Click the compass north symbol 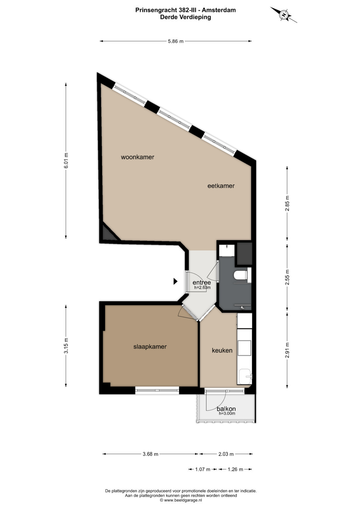(284, 15)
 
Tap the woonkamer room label (137, 157)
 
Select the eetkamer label (221, 186)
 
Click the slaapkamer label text (150, 347)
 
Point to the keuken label (222, 350)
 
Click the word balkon (226, 409)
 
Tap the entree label (202, 282)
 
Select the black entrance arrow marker (175, 281)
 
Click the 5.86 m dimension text (175, 41)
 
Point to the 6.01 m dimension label (66, 160)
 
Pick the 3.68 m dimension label (150, 454)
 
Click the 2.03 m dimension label (226, 454)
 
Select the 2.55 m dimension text (287, 277)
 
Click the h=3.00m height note (227, 414)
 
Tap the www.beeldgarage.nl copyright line (181, 500)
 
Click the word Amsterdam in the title (219, 10)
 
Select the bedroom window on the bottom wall (157, 390)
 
